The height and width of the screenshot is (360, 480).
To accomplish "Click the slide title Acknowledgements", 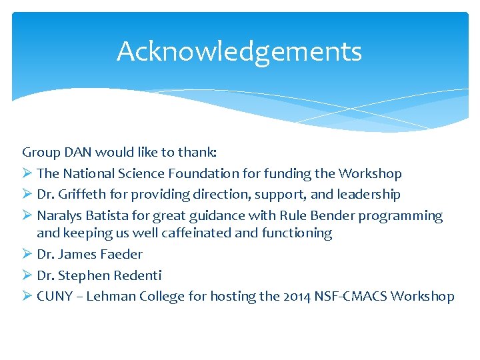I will (x=239, y=51).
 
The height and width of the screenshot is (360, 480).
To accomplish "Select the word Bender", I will (x=328, y=216).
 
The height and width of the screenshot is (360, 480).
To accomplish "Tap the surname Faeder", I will (x=121, y=254).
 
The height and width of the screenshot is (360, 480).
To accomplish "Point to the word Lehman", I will (x=110, y=297).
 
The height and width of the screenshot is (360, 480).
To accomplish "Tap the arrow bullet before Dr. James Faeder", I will (x=27, y=254).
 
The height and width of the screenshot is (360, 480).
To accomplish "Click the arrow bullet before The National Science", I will (x=27, y=173).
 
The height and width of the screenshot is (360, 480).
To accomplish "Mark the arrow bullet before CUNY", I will (x=27, y=297).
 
